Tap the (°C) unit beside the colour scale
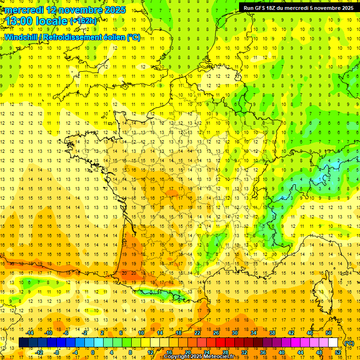(349, 343)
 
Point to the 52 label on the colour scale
(338, 352)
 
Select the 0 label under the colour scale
(92, 352)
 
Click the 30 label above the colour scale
(234, 333)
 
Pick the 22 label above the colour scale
(197, 333)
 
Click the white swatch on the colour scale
(333, 343)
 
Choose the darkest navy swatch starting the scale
(23, 343)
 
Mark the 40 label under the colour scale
(282, 352)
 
